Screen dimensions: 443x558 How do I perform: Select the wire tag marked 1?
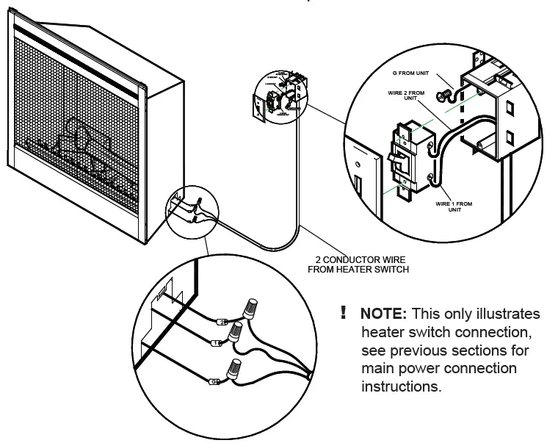pyautogui.click(x=214, y=343)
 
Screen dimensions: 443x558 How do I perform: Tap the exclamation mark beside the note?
pyautogui.click(x=343, y=313)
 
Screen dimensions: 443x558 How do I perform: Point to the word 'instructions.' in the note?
pyautogui.click(x=402, y=386)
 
